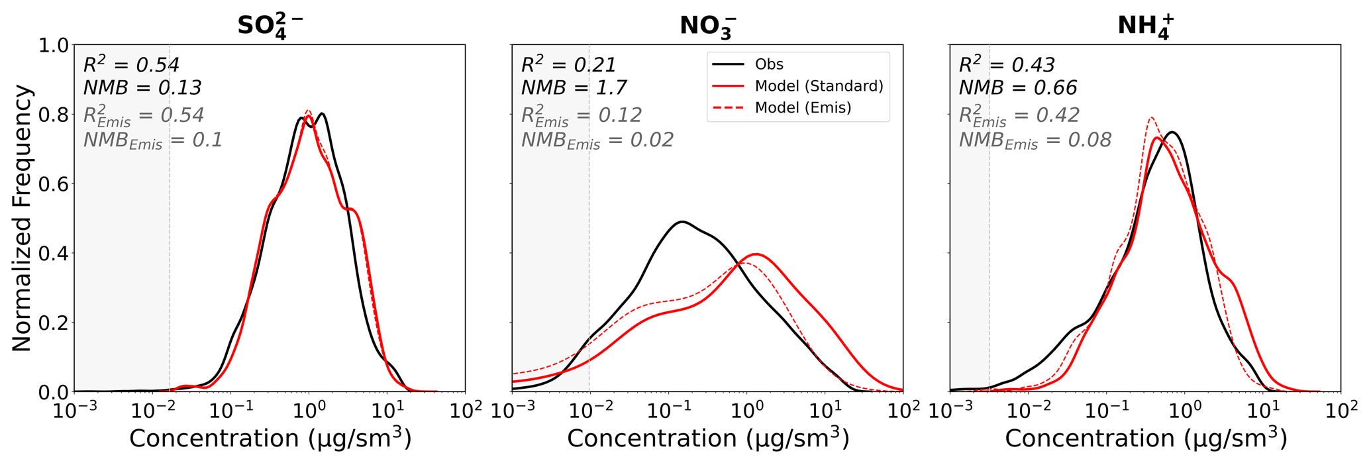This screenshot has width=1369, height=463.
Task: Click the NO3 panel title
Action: click(x=708, y=26)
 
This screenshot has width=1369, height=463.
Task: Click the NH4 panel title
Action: click(x=1146, y=26)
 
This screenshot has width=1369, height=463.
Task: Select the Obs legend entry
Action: click(x=769, y=65)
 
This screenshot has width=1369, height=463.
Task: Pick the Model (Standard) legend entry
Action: click(x=819, y=86)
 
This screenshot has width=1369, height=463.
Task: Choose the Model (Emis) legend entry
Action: click(x=803, y=108)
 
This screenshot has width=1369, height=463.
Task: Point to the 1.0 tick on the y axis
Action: click(x=52, y=46)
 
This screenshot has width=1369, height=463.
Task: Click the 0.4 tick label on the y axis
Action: click(x=52, y=254)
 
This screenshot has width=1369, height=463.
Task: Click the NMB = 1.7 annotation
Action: click(x=574, y=87)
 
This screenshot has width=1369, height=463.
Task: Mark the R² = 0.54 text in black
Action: click(x=131, y=65)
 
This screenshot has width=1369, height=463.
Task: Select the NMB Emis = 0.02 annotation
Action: click(x=597, y=140)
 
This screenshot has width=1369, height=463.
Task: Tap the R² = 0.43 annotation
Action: click(x=1007, y=65)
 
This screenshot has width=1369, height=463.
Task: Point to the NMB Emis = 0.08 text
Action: click(x=1035, y=140)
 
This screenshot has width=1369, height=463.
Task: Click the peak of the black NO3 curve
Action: click(x=682, y=221)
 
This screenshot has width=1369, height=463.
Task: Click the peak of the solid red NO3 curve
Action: click(x=756, y=254)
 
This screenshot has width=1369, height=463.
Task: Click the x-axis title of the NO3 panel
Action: click(x=707, y=438)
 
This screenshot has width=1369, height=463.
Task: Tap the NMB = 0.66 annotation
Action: click(x=1018, y=87)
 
